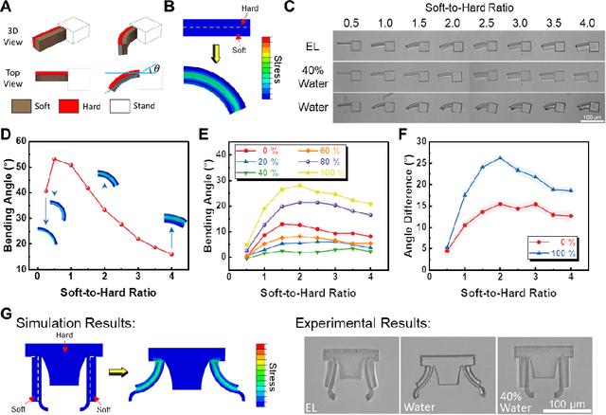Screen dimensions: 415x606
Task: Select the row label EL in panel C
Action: pyautogui.click(x=310, y=44)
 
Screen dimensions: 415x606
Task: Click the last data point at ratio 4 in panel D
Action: pyautogui.click(x=171, y=254)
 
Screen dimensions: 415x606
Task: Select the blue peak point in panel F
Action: pyautogui.click(x=501, y=158)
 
